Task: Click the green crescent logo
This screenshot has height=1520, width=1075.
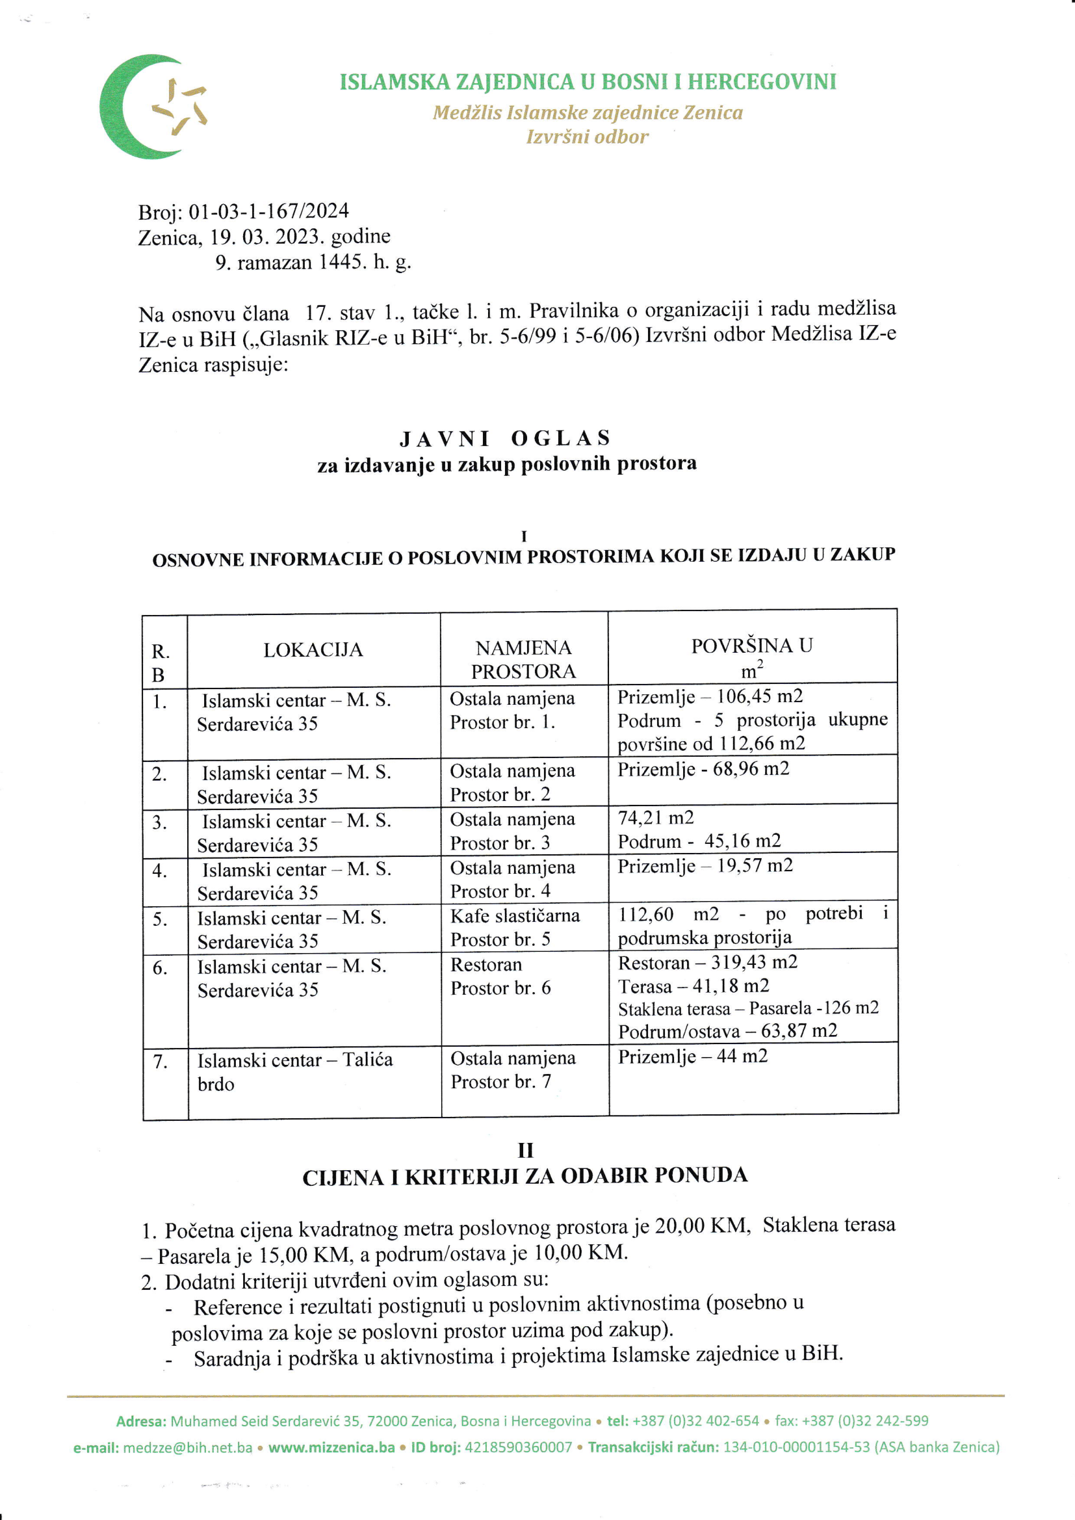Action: point(133,107)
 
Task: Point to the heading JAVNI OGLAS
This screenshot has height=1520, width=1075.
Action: point(506,438)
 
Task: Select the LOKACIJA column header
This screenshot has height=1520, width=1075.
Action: point(313,650)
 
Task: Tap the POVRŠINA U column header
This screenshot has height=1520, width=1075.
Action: point(752,646)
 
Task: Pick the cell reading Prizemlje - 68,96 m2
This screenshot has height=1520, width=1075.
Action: point(703,769)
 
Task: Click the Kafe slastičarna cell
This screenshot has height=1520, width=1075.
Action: point(515,916)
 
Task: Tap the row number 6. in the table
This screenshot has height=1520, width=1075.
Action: point(160,968)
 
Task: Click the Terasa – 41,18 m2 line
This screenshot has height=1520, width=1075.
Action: point(693,986)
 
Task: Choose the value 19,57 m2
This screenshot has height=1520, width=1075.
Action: point(755,866)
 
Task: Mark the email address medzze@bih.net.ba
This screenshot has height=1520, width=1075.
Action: point(188,1447)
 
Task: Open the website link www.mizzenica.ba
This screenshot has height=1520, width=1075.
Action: point(331,1447)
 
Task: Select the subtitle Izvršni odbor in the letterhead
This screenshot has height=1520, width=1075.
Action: point(587,137)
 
